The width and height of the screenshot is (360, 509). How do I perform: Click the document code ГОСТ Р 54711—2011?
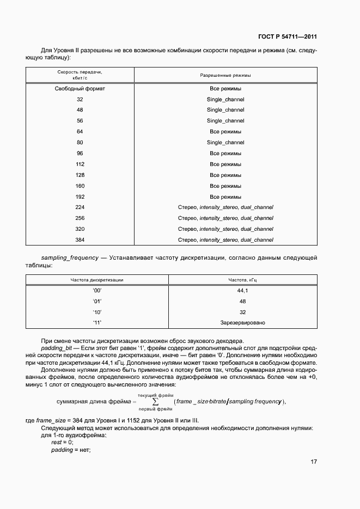(287, 37)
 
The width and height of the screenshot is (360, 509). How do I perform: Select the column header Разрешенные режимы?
(225, 76)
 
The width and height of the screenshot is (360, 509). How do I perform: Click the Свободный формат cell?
(80, 88)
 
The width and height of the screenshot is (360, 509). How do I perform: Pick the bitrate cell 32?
(80, 99)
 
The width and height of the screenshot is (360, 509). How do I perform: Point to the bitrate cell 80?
(80, 143)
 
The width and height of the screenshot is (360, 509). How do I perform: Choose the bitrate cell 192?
(80, 197)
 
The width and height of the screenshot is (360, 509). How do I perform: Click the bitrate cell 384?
(80, 240)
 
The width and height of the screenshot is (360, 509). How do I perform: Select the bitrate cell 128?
(80, 175)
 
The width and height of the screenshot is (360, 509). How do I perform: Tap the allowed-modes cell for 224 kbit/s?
(225, 207)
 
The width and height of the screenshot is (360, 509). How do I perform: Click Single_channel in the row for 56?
(225, 121)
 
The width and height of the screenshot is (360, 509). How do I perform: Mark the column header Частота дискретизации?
(97, 280)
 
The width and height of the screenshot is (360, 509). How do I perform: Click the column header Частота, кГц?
(242, 280)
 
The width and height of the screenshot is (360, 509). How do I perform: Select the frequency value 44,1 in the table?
(242, 291)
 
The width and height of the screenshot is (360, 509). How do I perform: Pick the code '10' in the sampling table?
(97, 312)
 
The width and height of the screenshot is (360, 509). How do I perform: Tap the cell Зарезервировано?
(242, 323)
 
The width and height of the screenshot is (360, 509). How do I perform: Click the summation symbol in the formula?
(156, 402)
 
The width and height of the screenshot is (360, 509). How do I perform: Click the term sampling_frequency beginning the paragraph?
(70, 257)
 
